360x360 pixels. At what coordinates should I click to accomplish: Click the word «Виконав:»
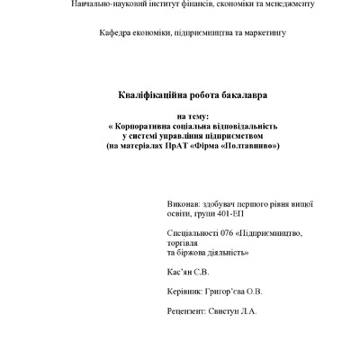(x=185, y=205)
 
